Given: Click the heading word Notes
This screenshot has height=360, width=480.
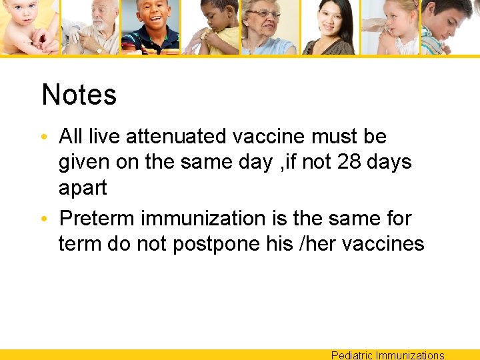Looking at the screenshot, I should [x=79, y=95].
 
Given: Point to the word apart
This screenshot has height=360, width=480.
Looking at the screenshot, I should [x=83, y=188].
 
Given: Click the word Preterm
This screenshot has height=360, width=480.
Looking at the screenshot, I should [x=97, y=218].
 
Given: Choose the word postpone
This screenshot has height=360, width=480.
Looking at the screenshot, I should [x=216, y=244].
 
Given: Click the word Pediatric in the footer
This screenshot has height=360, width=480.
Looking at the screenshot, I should [x=352, y=355].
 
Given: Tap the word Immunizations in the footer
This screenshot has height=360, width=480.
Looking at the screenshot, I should [x=410, y=355].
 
